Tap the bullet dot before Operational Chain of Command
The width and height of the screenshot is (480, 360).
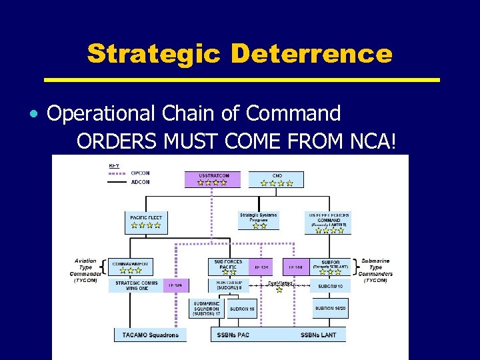(x=33, y=114)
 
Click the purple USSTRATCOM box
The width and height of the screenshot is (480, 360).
(x=213, y=179)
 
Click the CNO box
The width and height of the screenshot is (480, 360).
(x=276, y=179)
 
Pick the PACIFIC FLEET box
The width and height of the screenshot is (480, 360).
(x=146, y=222)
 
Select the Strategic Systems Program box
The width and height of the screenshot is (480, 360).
(x=258, y=221)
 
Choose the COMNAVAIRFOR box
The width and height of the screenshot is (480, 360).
(x=130, y=267)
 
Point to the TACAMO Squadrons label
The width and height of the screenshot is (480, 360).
(x=151, y=333)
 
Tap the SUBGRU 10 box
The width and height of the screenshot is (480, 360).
(x=330, y=286)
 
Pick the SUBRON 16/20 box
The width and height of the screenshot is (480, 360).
(x=331, y=308)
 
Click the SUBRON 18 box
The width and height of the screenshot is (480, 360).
(x=243, y=309)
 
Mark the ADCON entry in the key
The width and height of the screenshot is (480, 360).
(x=139, y=182)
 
